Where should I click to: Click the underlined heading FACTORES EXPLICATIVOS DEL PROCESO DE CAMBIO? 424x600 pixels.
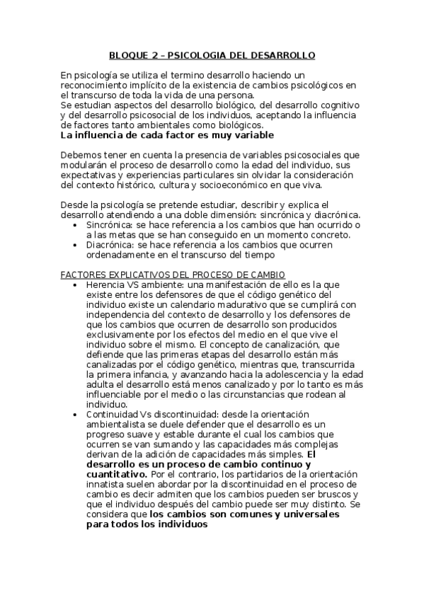[x=173, y=274]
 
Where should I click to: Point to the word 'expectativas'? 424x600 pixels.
[x=89, y=175]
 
